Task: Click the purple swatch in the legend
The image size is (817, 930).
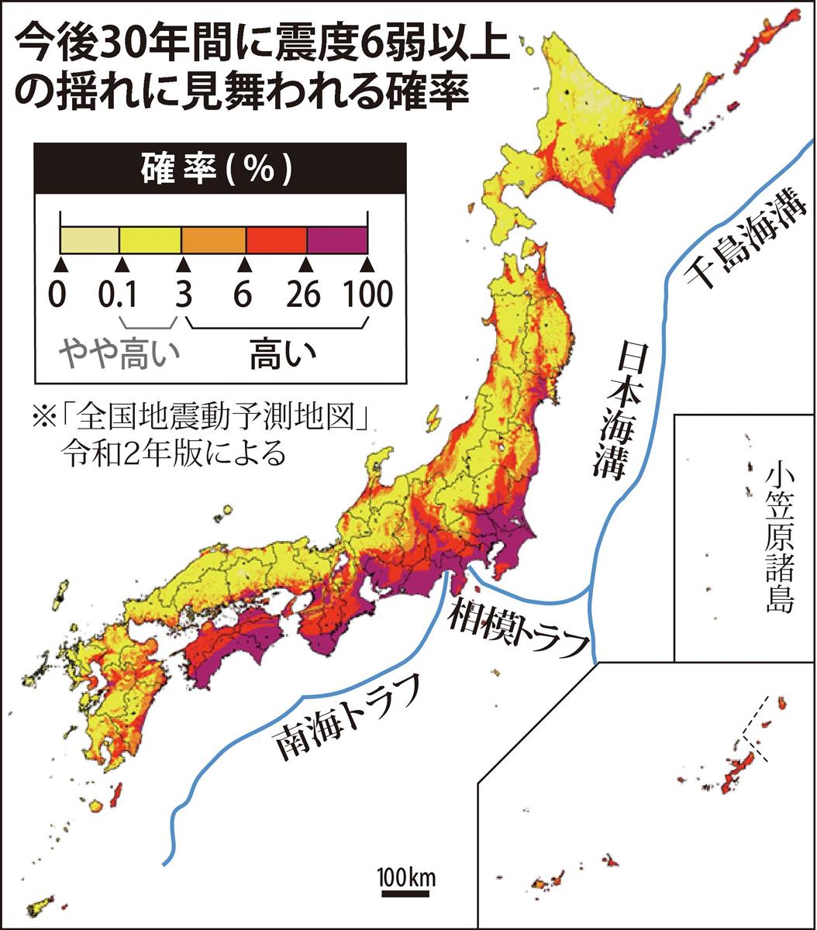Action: pos(337,239)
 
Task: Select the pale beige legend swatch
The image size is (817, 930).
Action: pos(90,239)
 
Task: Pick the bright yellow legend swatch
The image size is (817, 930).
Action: pos(150,239)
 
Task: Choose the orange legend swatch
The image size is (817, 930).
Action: pos(213,239)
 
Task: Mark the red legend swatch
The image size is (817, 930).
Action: pos(276,239)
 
